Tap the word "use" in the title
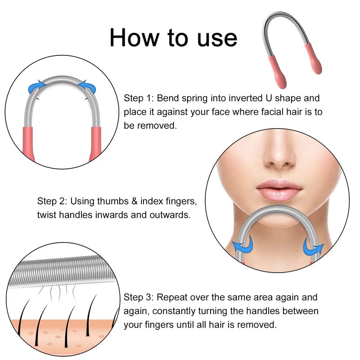[x=217, y=39]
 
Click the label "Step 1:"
[x=139, y=98]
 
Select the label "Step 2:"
[x=52, y=201]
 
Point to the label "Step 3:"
[x=139, y=297]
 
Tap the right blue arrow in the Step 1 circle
[x=87, y=87]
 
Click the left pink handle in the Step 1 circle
[x=28, y=144]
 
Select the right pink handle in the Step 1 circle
[x=95, y=144]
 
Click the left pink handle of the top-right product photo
[x=277, y=71]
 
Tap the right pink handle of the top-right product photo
[x=313, y=58]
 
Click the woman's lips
[x=279, y=189]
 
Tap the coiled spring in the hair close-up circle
[x=61, y=271]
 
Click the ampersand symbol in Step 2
[x=135, y=201]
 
